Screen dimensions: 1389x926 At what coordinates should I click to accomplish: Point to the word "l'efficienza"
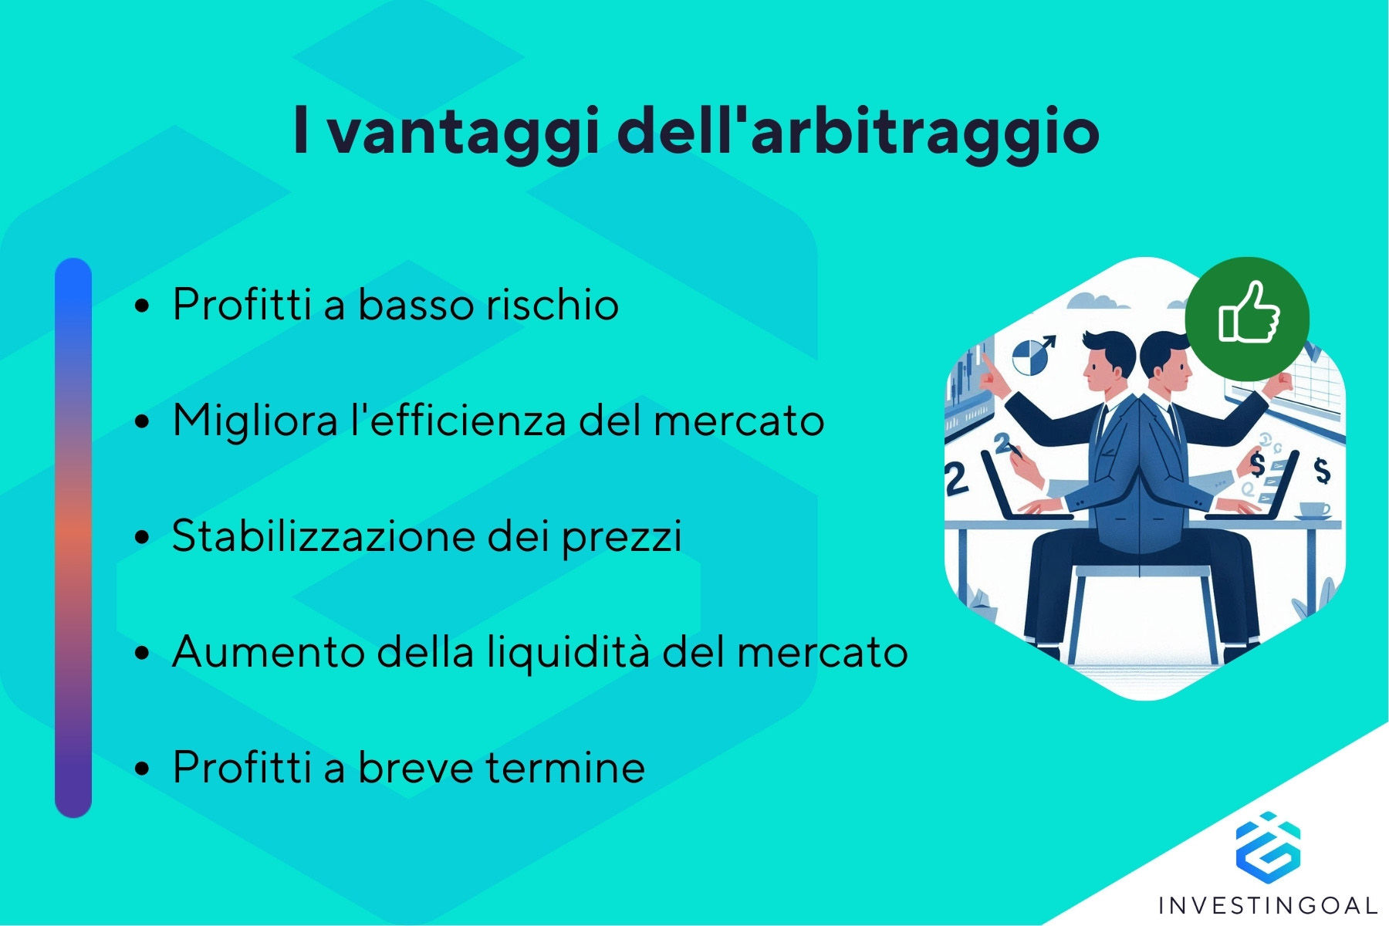tap(458, 420)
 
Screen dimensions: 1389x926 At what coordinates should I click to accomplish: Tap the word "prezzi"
tap(621, 537)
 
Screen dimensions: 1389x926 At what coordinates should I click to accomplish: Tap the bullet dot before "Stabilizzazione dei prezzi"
tap(141, 537)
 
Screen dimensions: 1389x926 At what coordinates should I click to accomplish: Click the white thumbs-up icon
tap(1248, 313)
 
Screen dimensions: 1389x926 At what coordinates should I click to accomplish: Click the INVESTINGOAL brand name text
tap(1268, 904)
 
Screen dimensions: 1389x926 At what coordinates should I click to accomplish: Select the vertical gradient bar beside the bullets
tap(73, 538)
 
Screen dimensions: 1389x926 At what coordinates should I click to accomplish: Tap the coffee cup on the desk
tap(1314, 510)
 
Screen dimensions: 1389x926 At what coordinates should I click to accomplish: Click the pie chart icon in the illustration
tap(1027, 358)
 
